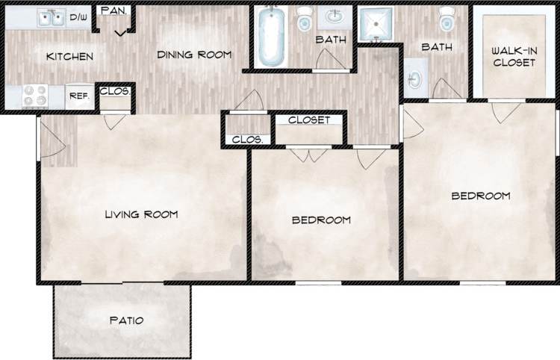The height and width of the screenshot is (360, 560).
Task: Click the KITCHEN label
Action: tap(69, 57)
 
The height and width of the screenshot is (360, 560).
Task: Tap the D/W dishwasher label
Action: tap(78, 16)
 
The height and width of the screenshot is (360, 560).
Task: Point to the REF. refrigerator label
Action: tap(79, 96)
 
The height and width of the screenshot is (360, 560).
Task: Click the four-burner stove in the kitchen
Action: tap(34, 96)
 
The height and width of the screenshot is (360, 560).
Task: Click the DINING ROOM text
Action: tap(193, 55)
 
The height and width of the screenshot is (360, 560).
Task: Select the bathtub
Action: tap(270, 37)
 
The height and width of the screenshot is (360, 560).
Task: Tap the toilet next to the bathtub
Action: tap(305, 21)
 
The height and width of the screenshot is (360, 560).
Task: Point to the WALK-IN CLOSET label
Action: tap(514, 57)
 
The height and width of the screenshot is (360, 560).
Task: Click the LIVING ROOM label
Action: tap(141, 215)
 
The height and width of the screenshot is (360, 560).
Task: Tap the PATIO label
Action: tap(126, 320)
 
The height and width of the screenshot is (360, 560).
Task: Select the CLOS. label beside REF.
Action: tap(116, 92)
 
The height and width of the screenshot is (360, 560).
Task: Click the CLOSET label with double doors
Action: tap(309, 120)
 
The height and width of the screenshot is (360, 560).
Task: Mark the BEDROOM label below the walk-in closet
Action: tap(481, 196)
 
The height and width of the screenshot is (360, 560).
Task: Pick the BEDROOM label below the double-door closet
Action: tap(321, 220)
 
